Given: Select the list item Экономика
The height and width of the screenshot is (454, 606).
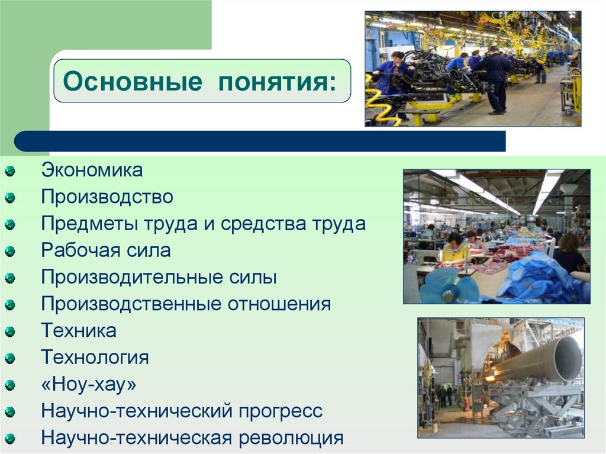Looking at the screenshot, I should pos(92,170).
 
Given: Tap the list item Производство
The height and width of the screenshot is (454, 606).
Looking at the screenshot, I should pos(107,197).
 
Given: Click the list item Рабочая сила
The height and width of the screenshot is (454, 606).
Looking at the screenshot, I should pos(106,250).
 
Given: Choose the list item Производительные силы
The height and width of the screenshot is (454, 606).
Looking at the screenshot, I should pos(159,277).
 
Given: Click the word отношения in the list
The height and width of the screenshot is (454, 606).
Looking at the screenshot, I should pos(281,304).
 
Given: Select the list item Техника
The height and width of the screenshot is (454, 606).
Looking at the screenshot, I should pos(79,330).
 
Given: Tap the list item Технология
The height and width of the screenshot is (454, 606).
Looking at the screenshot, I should pos(95,358).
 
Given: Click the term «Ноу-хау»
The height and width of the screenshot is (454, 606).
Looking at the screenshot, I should pos(89,385).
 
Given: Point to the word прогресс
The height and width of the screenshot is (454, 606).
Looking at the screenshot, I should pos(282,411).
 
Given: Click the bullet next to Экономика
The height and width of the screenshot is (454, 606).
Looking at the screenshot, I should pos(10,172).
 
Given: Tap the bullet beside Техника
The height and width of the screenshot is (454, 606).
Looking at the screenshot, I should pos(10,332).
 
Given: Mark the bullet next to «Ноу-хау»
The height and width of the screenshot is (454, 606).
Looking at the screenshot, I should pos(10,386).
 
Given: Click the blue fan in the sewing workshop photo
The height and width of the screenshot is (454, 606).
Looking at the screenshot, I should pos(450,286).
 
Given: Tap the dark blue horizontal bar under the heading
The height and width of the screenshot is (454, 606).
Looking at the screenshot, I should pos(260,141).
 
